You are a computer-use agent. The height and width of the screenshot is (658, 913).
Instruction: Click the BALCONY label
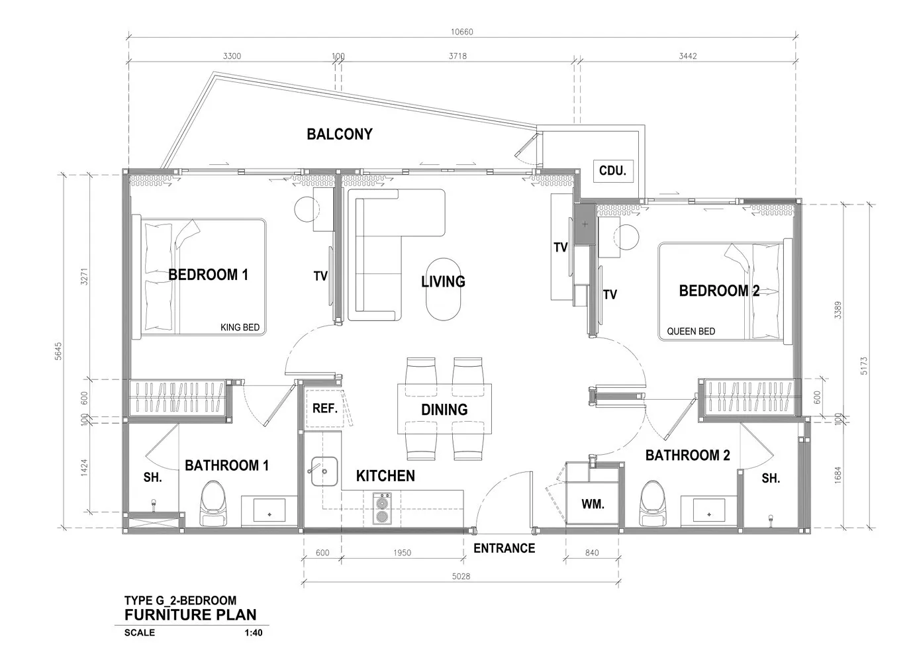tap(340, 134)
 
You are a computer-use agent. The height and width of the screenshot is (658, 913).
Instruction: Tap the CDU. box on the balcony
tap(612, 171)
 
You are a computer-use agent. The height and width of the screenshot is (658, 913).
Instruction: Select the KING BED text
tap(240, 328)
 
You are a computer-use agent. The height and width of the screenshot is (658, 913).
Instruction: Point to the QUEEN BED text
tap(691, 331)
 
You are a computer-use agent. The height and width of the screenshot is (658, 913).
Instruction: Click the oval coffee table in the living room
tap(444, 289)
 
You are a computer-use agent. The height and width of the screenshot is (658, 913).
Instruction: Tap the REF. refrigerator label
tap(325, 408)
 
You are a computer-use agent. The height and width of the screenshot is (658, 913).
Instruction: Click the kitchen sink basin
tap(324, 471)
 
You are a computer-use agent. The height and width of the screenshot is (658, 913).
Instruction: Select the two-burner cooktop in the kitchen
tap(382, 508)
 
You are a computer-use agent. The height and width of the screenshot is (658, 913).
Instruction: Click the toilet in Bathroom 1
tap(213, 503)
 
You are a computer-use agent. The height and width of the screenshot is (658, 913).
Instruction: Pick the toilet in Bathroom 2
tap(652, 503)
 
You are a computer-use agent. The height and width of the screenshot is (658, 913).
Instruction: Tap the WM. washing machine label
tap(593, 504)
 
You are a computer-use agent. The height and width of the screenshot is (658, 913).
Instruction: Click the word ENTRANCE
tap(505, 548)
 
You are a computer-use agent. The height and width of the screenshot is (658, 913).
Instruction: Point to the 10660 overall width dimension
tap(462, 32)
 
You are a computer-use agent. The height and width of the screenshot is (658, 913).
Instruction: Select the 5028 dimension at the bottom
tap(461, 576)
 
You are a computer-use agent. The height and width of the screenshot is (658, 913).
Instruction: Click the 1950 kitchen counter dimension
tap(403, 553)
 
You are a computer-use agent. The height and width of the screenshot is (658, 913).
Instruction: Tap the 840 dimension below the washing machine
tap(592, 553)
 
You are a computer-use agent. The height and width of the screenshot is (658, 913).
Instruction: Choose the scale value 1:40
tap(254, 633)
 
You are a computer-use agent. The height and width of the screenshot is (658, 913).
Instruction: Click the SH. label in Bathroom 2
tap(771, 479)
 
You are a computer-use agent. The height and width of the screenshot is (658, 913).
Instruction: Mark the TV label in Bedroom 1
tap(320, 276)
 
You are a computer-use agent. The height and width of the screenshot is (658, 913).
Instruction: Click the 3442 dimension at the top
tap(688, 56)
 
